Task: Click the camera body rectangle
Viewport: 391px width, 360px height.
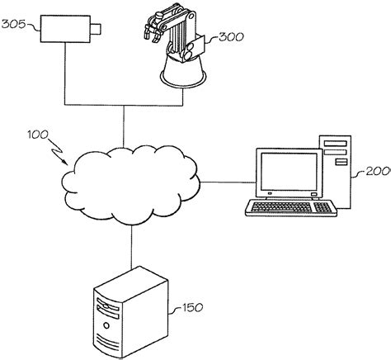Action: click(67, 31)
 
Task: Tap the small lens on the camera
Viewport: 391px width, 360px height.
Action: click(97, 31)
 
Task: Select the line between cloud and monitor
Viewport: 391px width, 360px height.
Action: click(227, 182)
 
